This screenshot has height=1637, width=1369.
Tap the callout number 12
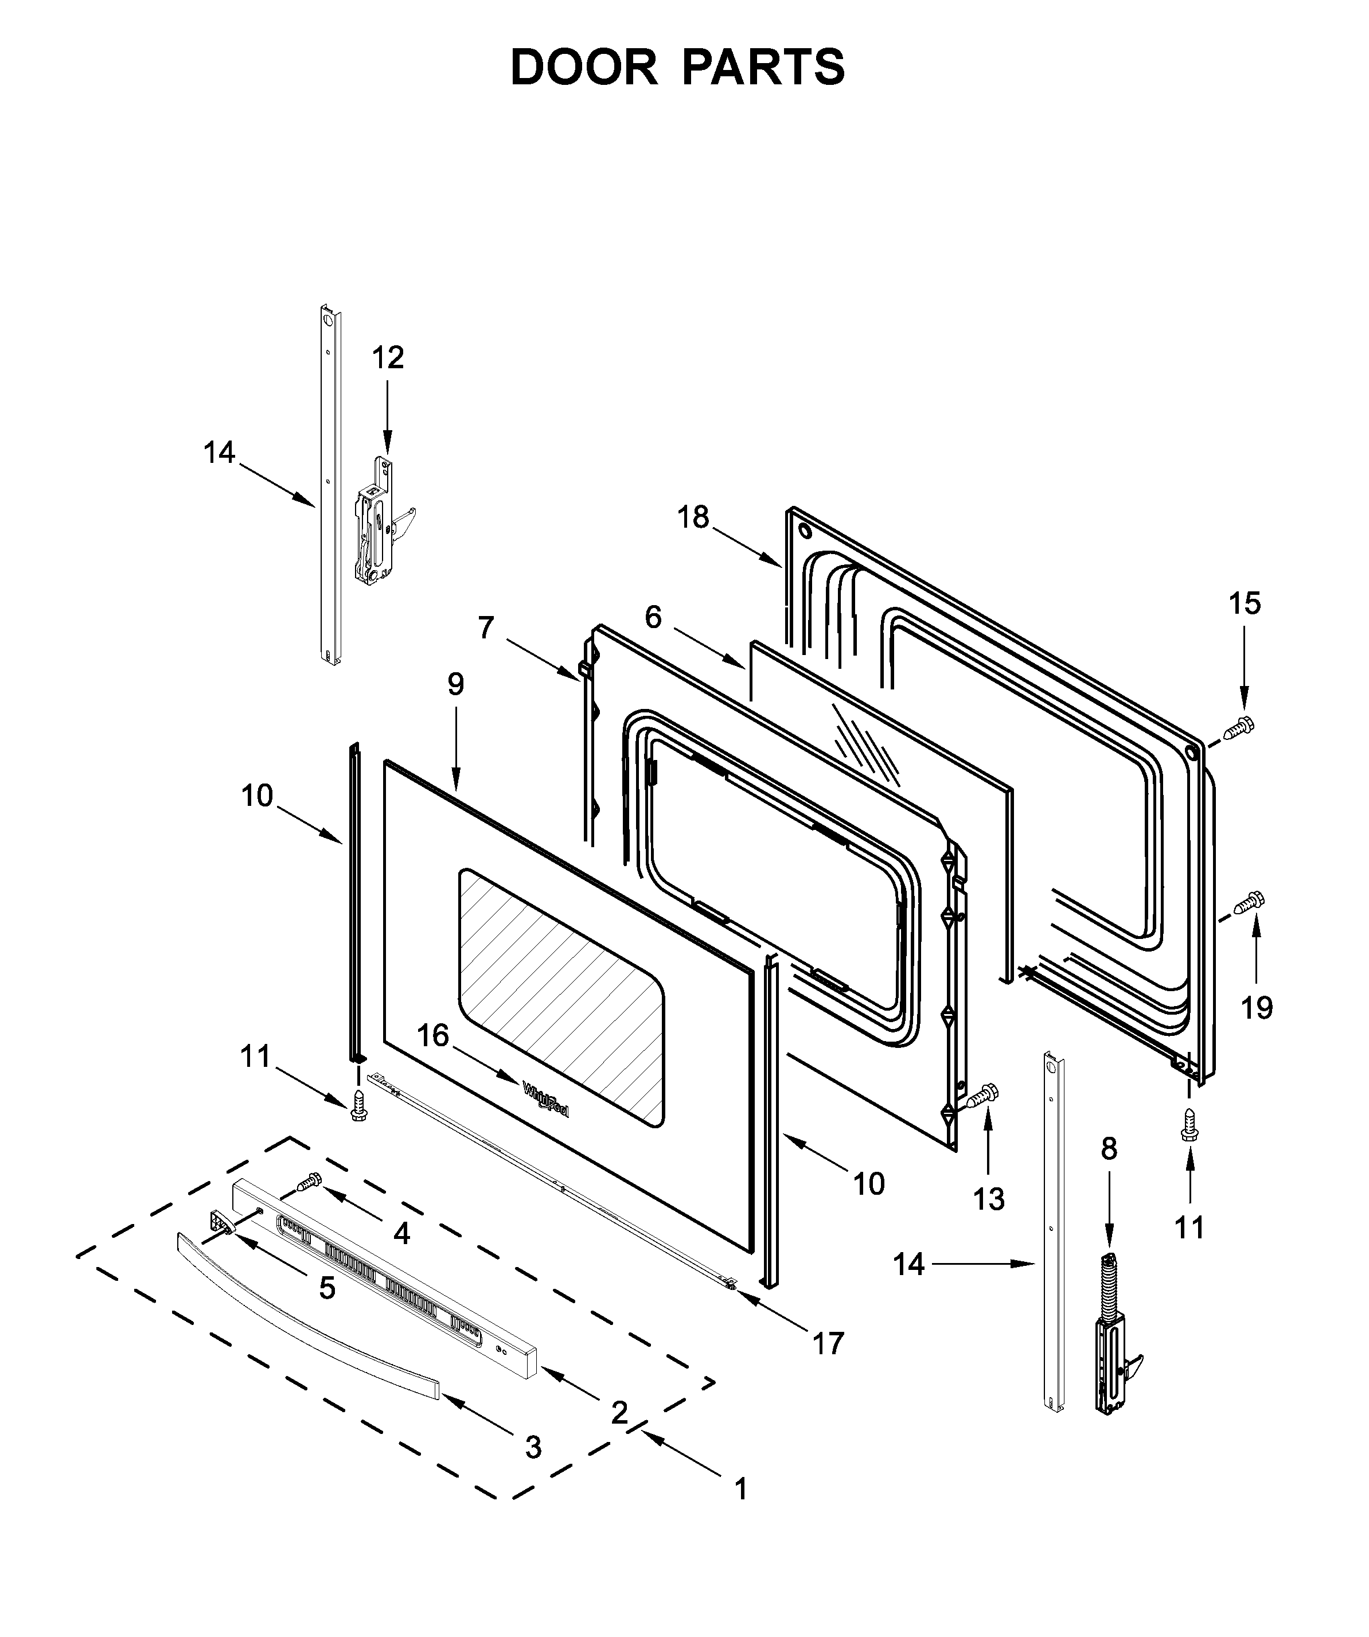click(388, 358)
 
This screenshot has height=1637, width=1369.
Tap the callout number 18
click(693, 517)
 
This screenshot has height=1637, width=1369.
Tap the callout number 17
click(828, 1343)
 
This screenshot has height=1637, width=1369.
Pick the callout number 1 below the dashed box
click(740, 1489)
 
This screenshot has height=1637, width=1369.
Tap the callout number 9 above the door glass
click(455, 684)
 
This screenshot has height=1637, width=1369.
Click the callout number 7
click(486, 627)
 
